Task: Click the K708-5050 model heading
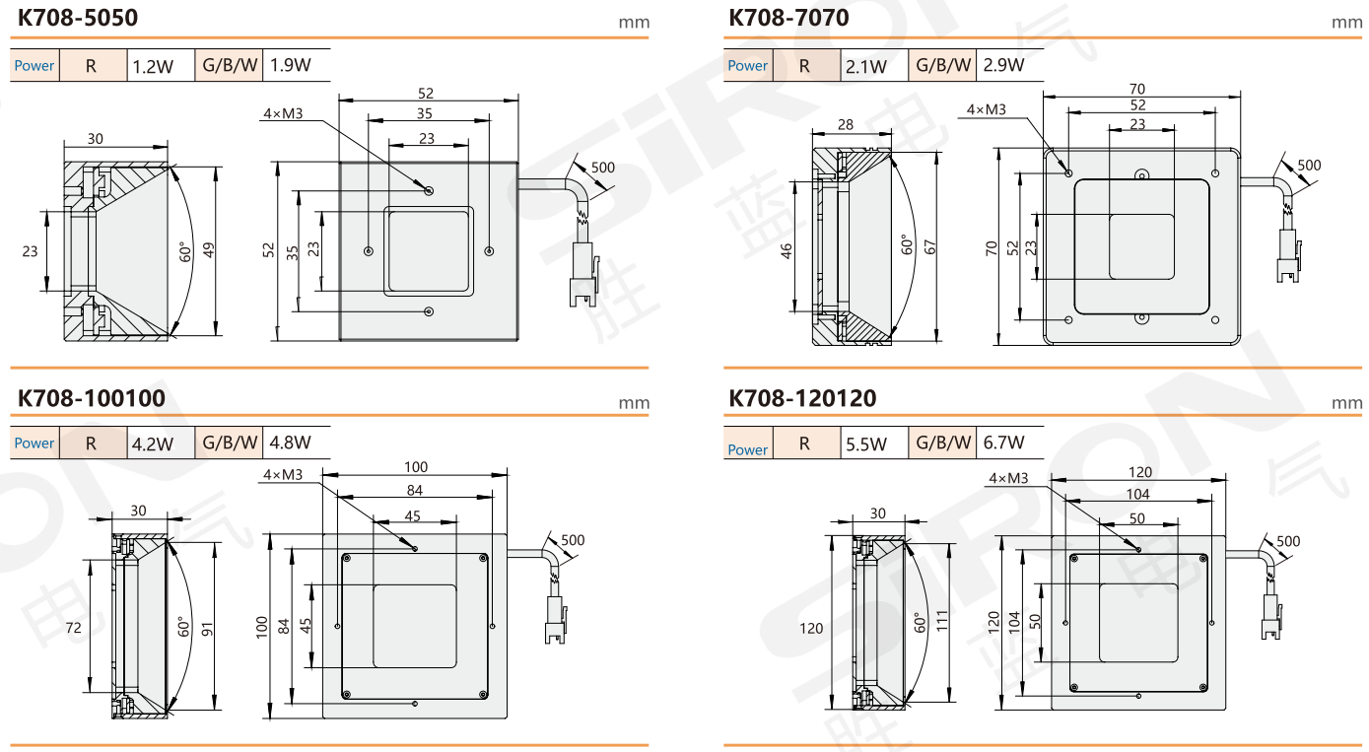[x=78, y=18]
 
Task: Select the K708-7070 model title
[x=788, y=18]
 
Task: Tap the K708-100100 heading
[x=91, y=398]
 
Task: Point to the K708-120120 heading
[x=802, y=398]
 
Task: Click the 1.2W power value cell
[x=154, y=66]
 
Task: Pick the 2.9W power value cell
[x=1003, y=65]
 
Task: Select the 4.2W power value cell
[x=154, y=444]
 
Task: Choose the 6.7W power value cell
[x=1003, y=442]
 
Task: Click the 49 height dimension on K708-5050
[x=209, y=250]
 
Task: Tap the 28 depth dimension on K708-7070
[x=846, y=125]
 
